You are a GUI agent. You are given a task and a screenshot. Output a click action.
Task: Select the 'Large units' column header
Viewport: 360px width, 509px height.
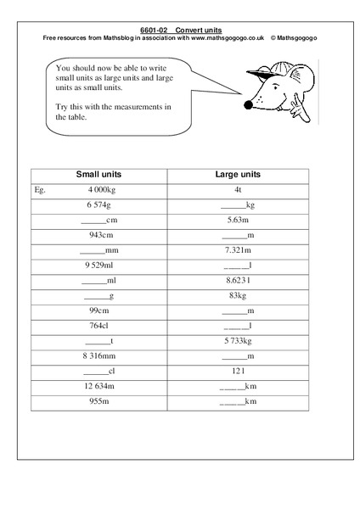tap(238, 174)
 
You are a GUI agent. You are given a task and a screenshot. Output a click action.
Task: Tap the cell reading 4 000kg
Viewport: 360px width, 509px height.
tap(100, 190)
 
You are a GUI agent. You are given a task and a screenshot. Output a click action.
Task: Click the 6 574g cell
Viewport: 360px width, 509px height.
tap(99, 204)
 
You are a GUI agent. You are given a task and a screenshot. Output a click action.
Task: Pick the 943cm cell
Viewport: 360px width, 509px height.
tap(100, 235)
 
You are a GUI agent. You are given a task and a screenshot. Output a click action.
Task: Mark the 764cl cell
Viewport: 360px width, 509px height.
tap(100, 326)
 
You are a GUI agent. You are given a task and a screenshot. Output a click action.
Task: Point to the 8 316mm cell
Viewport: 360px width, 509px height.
tap(100, 356)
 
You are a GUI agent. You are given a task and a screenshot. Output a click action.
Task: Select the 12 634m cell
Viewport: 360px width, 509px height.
tap(100, 386)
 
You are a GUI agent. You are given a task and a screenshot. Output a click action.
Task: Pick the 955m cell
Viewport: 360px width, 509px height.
tap(100, 401)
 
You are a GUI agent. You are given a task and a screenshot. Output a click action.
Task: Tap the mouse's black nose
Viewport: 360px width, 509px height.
tap(247, 106)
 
